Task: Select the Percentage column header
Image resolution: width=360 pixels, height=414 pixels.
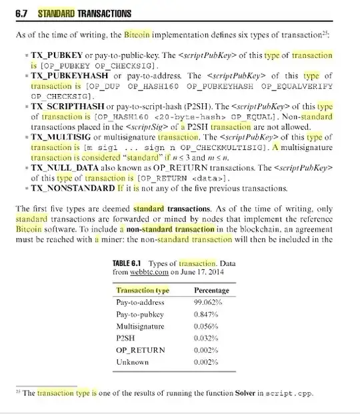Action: click(x=211, y=291)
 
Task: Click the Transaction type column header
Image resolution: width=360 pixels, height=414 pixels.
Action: click(x=143, y=291)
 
